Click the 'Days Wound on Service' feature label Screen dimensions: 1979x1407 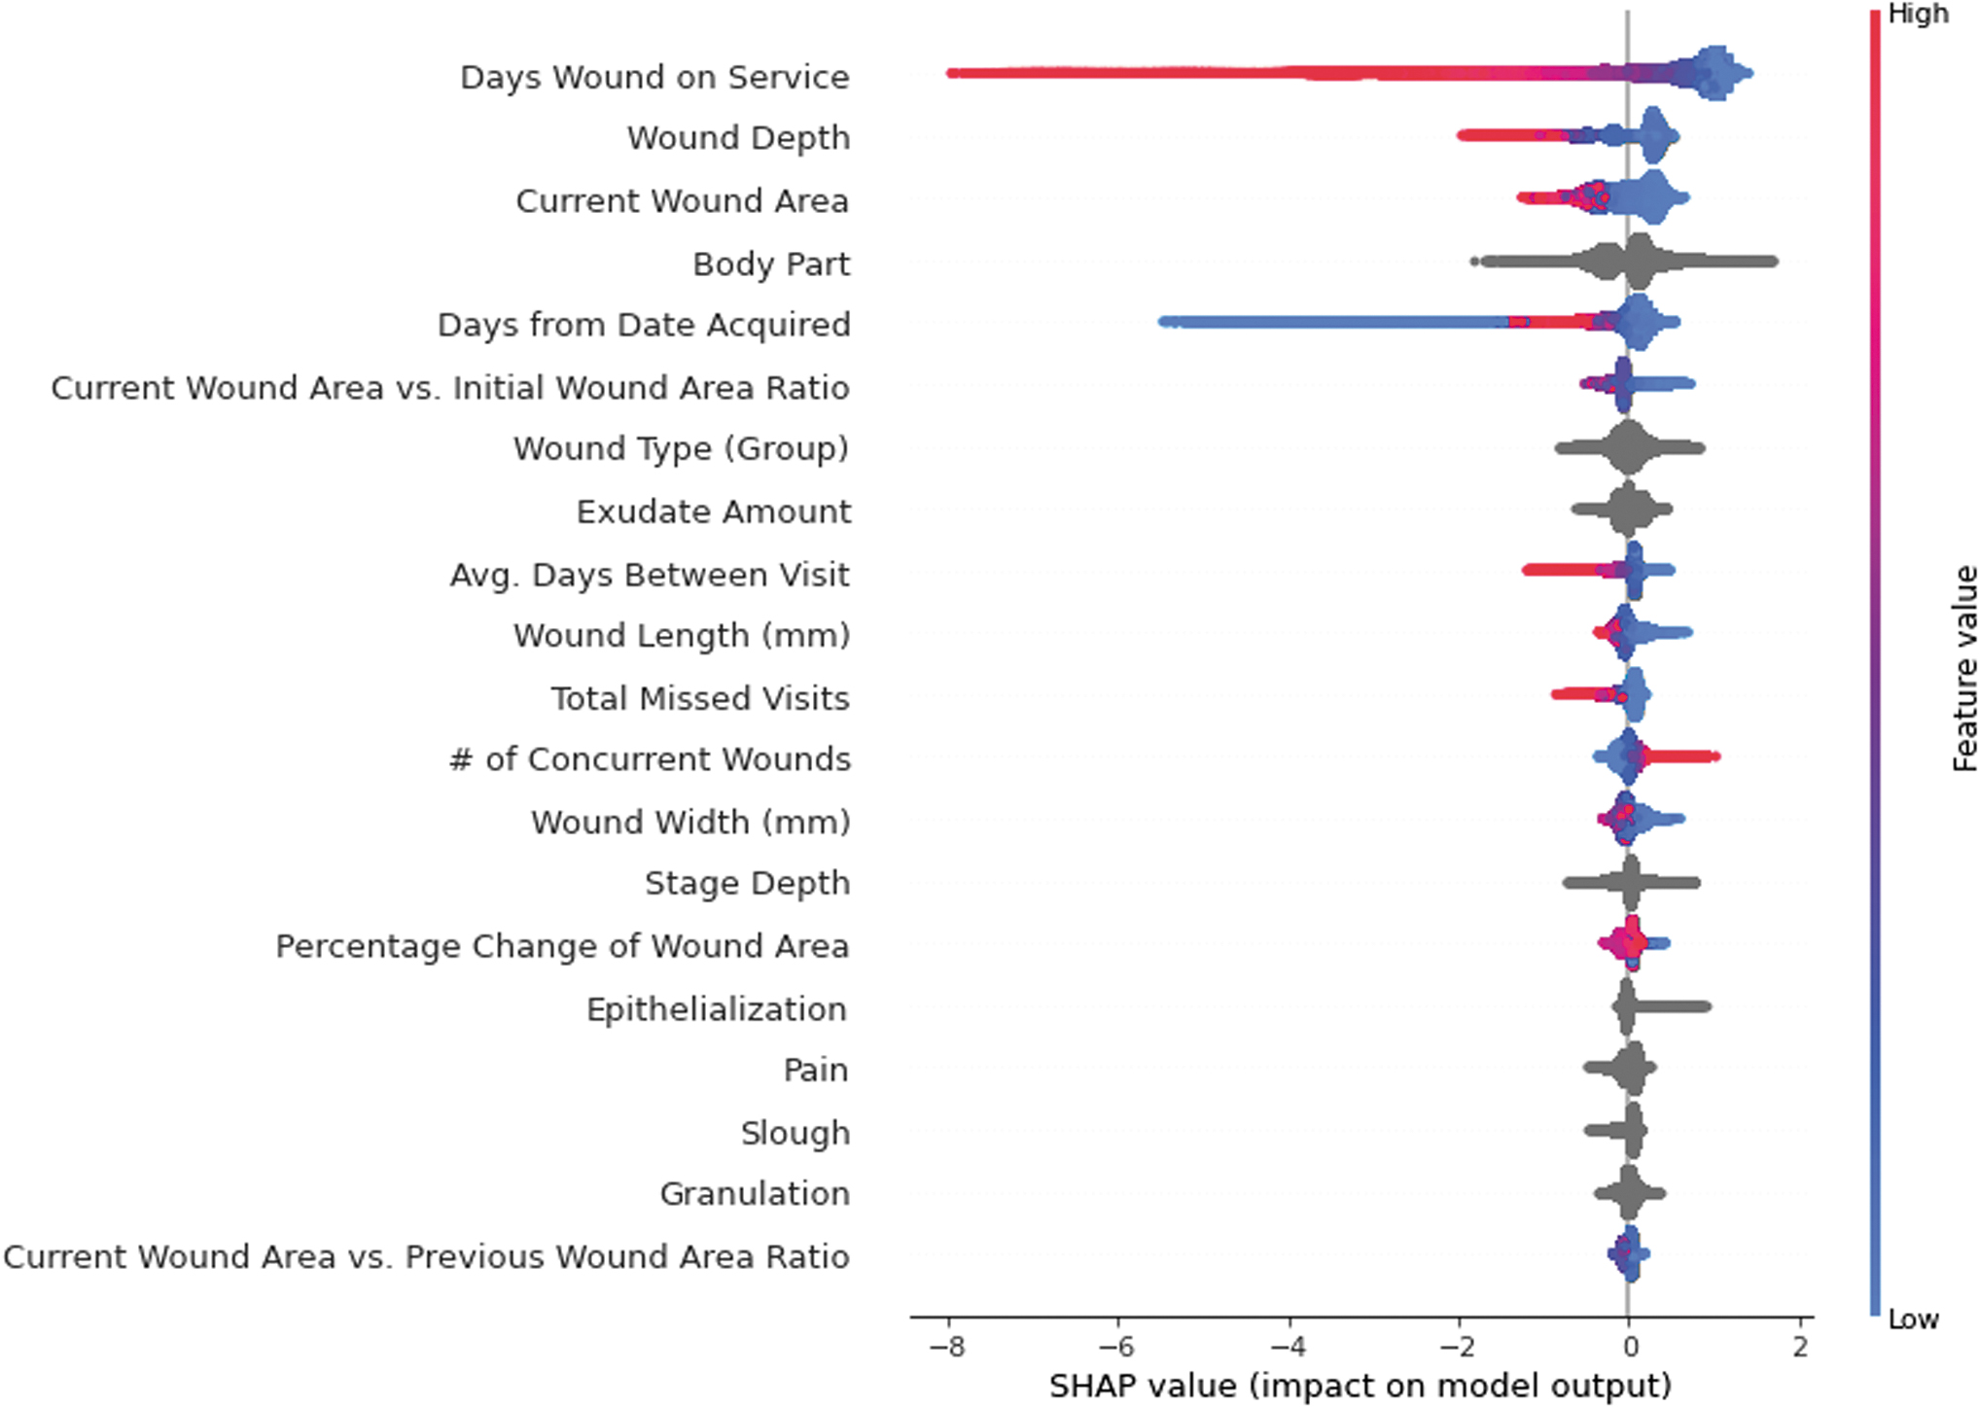tap(654, 77)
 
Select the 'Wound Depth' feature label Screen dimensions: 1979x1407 tap(738, 138)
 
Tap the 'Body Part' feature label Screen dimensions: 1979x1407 tap(771, 264)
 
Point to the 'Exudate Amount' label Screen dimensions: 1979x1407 tap(714, 511)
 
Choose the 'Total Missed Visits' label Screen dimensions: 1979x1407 tap(700, 698)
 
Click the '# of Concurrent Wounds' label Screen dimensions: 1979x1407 tap(650, 759)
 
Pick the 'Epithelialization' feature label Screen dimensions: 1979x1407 tap(717, 1009)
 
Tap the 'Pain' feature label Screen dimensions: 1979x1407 tap(816, 1071)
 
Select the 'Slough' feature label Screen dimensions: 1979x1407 tap(795, 1133)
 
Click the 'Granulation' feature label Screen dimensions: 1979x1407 tap(755, 1194)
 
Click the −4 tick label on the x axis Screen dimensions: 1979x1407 tap(1290, 1347)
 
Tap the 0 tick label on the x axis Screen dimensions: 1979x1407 tap(1629, 1347)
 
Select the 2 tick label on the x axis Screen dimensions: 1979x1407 tap(1801, 1347)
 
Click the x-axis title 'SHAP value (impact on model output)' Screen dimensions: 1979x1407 tap(1360, 1386)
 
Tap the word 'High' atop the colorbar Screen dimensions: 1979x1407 tap(1918, 14)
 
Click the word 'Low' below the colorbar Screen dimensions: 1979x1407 tap(1913, 1319)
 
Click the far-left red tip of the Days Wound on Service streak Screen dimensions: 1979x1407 tap(951, 73)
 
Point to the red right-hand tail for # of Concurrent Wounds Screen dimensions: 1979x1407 tap(1681, 756)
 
